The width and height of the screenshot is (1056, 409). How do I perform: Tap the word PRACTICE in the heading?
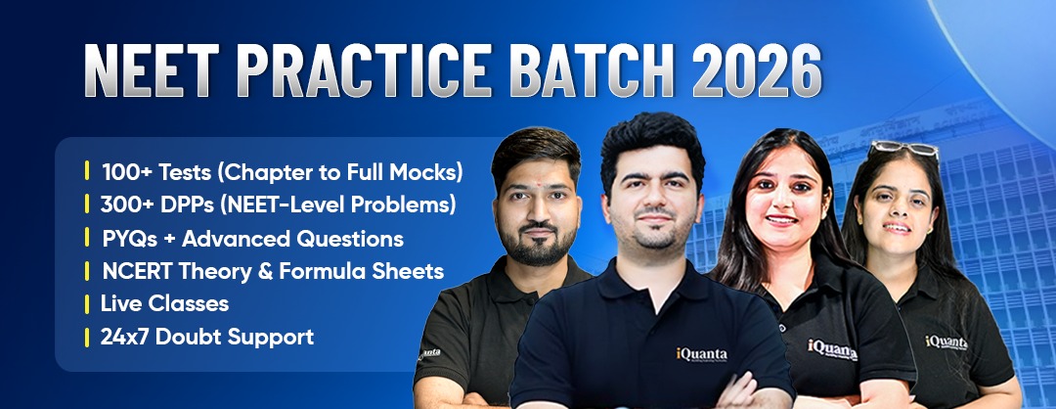tap(366, 70)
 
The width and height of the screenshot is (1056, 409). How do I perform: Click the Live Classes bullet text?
tap(164, 303)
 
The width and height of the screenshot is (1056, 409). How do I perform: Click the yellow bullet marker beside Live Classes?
tap(87, 304)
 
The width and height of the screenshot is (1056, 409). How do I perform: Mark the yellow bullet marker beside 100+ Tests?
tap(87, 171)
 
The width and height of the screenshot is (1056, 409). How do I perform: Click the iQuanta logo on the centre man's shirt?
tap(702, 354)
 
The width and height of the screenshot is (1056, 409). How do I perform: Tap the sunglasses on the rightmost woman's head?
tap(904, 149)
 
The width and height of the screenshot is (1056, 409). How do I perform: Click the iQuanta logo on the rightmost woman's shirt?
tap(946, 341)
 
